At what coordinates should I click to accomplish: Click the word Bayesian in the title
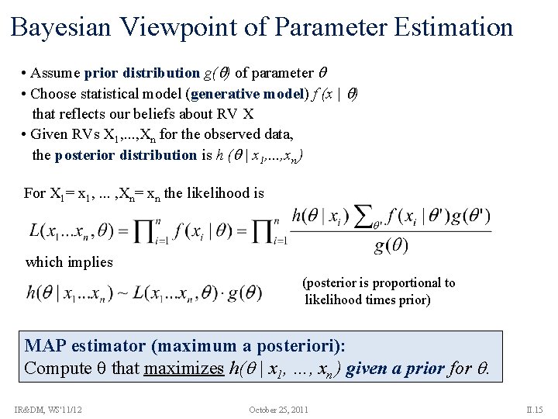pyautogui.click(x=64, y=28)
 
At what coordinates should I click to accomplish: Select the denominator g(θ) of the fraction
pyautogui.click(x=391, y=247)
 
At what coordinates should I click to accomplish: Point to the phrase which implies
pyautogui.click(x=69, y=262)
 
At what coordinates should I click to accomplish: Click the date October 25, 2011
pyautogui.click(x=279, y=408)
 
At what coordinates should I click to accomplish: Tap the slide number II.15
pyautogui.click(x=536, y=408)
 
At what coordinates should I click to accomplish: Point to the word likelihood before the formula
pyautogui.click(x=219, y=193)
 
